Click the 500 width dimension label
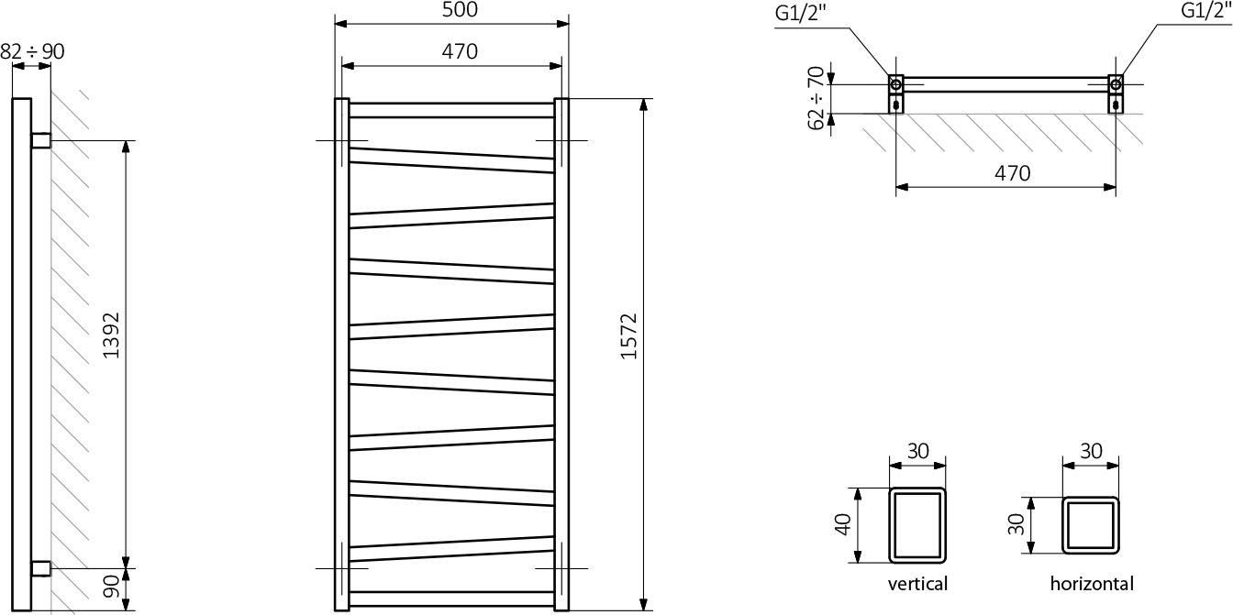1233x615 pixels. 460,9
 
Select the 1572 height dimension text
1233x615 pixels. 628,336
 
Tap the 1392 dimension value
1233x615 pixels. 111,335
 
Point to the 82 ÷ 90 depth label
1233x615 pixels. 32,51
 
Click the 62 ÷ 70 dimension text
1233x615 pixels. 816,98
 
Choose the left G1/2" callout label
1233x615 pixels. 800,13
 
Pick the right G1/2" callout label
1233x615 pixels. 1206,10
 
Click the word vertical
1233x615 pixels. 917,583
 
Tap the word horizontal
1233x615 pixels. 1092,583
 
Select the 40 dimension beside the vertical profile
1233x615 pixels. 843,524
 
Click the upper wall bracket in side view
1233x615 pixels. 40,141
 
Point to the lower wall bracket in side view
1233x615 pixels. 40,569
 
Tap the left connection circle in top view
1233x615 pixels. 896,80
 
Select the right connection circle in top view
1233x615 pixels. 1116,80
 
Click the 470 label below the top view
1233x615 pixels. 1012,173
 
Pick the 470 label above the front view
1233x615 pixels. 460,51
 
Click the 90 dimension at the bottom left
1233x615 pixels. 111,587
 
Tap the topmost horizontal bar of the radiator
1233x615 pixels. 451,110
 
